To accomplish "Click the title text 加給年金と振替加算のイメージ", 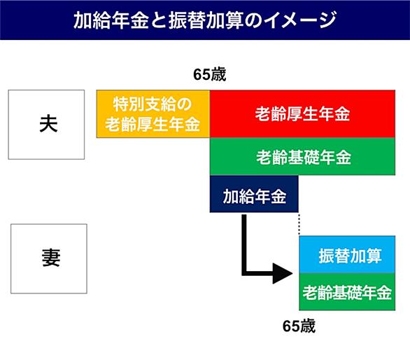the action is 204,20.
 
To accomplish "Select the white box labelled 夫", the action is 46,125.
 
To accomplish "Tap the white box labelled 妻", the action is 49,258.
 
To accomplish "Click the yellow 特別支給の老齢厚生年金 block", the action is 153,114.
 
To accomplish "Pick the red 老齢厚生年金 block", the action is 302,114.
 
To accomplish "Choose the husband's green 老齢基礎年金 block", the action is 302,157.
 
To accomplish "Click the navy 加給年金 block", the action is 254,194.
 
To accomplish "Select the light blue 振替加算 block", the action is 347,254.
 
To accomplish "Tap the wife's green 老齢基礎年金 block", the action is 347,292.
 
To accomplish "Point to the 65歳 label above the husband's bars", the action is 209,75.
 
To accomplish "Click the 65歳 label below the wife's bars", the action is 299,326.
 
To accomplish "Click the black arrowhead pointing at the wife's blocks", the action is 283,273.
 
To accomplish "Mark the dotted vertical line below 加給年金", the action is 299,224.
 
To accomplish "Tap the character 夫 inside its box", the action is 48,124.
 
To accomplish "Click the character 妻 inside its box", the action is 51,258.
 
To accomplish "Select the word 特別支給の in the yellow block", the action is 153,104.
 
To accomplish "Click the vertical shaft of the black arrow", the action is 244,245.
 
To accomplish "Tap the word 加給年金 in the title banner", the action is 111,20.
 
